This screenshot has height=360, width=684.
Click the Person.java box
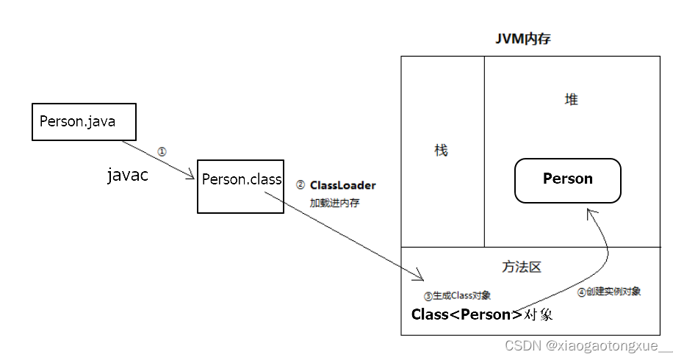[x=84, y=122]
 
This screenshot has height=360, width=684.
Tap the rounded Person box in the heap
[x=568, y=179]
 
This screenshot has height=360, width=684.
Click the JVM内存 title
[x=523, y=40]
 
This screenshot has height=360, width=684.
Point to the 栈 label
[x=441, y=151]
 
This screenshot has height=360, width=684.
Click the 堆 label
[x=571, y=100]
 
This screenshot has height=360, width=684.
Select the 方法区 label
[x=522, y=267]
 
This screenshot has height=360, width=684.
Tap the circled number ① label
[x=162, y=151]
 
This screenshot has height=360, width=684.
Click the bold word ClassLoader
[x=342, y=185]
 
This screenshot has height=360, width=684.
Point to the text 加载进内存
[x=334, y=203]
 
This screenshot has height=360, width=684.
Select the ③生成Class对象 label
[x=457, y=296]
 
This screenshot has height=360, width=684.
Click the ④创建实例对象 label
[x=608, y=292]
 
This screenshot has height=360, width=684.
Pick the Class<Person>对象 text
[x=481, y=315]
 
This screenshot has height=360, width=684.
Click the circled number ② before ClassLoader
[x=300, y=185]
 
